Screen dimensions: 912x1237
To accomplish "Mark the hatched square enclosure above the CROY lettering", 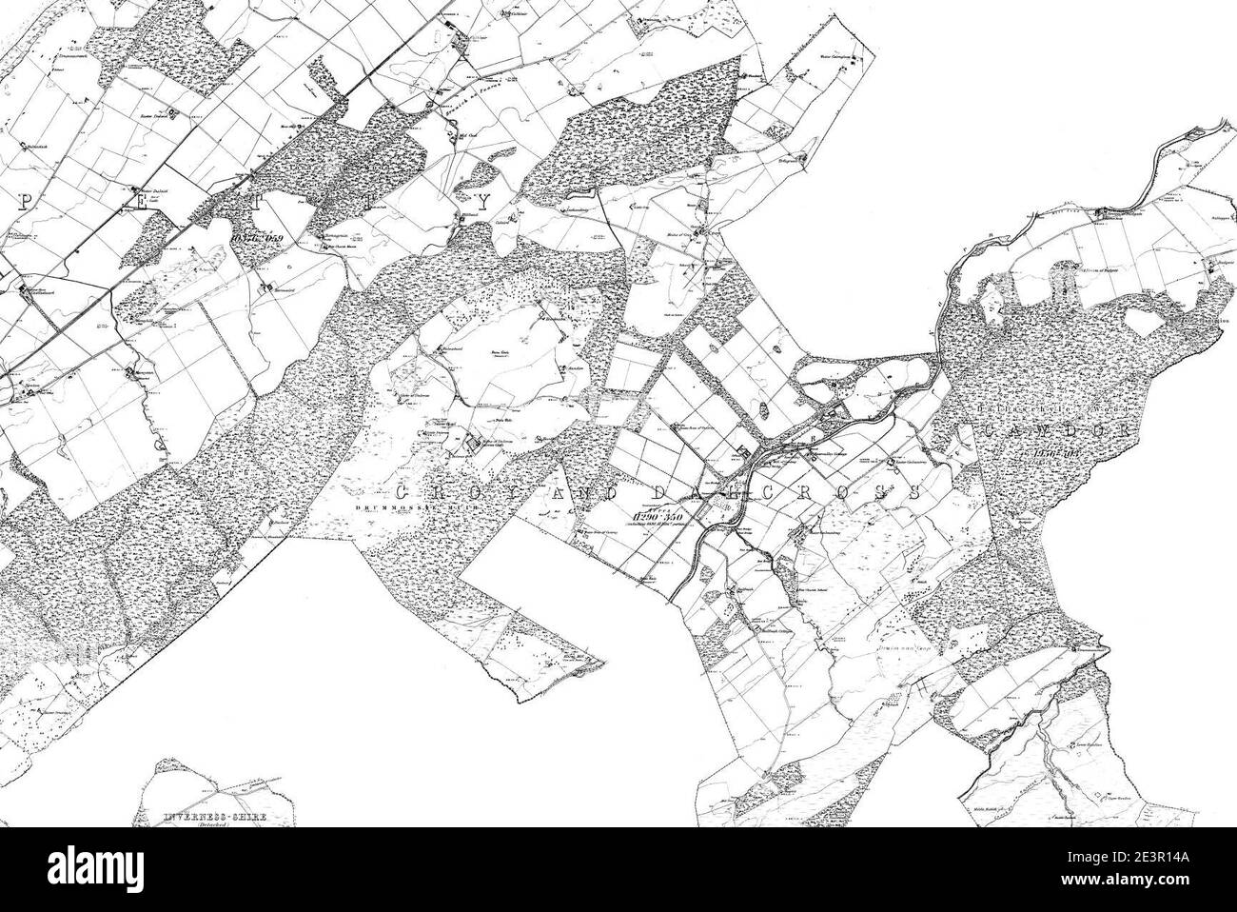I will tap(471, 444).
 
